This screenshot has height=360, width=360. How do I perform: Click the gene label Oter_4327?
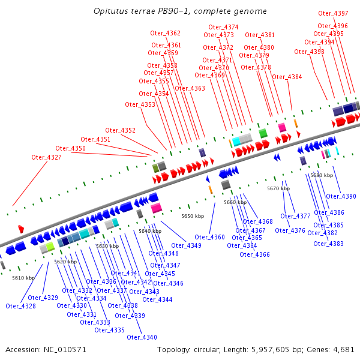46,157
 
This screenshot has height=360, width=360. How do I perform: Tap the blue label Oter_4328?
20,306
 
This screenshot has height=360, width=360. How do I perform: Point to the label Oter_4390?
341,196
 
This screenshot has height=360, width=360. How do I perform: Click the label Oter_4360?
209,237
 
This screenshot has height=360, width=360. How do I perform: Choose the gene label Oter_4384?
287,77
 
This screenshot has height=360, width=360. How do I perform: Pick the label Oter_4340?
142,337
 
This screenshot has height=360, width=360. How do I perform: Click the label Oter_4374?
223,27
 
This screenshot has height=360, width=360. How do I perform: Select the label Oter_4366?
254,254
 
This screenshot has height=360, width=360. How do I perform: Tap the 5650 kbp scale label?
193,216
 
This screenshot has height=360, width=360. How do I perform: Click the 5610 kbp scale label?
23,278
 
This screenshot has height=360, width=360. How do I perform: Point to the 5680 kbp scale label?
322,175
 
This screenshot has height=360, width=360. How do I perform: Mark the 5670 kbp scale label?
278,188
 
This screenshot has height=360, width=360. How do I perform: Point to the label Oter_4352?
120,130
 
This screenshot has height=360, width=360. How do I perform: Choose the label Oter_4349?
186,245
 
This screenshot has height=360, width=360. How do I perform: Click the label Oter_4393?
309,52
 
